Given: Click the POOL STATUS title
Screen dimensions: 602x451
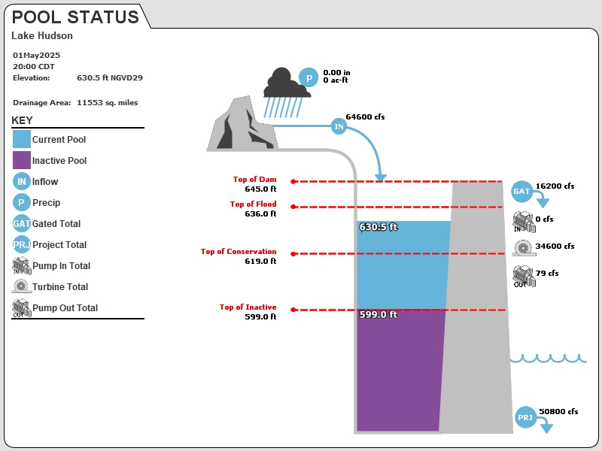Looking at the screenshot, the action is tap(75, 17).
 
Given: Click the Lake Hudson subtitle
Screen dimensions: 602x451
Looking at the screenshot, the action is tap(42, 35).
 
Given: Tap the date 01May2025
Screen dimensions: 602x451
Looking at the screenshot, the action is tap(36, 55).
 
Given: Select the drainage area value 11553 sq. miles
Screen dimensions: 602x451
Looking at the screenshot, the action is tap(107, 103).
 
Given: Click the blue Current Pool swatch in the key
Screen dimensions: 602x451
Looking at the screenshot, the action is tap(22, 139).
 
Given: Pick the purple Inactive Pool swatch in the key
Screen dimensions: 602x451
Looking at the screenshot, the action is tap(22, 160).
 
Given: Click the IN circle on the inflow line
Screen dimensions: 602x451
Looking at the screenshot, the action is tap(339, 126).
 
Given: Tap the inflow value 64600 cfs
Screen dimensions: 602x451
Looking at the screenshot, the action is tap(365, 117).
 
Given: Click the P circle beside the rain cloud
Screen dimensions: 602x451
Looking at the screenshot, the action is tap(309, 78).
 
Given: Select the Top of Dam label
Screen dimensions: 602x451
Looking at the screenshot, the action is tap(254, 179).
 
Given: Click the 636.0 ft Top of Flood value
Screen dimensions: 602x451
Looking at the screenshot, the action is tap(260, 213).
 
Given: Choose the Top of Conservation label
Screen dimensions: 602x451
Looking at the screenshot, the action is tap(239, 252).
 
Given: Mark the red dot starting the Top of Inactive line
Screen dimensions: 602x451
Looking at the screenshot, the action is tap(293, 310).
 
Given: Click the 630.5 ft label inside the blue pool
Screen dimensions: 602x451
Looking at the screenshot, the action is tap(379, 227).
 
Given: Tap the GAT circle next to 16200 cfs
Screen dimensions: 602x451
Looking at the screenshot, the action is tap(521, 192).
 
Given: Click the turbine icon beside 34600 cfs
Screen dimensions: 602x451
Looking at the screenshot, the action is tap(523, 248).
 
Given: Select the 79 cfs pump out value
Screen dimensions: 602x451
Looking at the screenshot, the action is tap(547, 274).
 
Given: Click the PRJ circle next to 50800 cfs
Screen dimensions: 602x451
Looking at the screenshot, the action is tap(525, 417).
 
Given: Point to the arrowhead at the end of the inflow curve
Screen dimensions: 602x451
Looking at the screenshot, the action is tap(381, 178).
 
